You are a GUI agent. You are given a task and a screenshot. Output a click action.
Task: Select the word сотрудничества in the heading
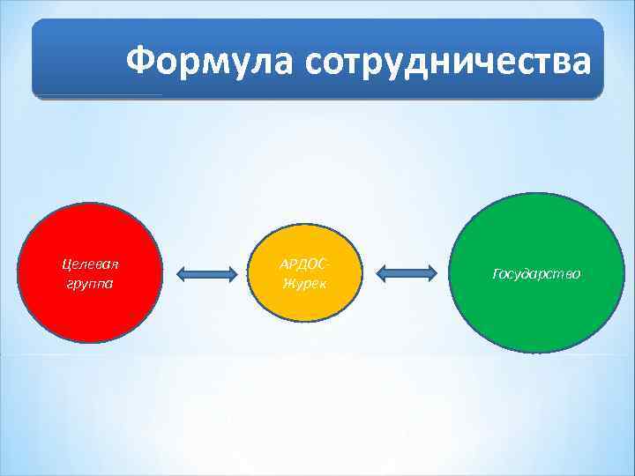[x=446, y=62]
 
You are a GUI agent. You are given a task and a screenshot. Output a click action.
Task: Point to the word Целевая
[x=89, y=264]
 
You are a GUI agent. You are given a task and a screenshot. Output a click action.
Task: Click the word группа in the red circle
[x=89, y=284]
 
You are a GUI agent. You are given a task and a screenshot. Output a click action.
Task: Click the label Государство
[x=536, y=274]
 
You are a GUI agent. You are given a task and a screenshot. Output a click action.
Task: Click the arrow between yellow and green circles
[x=407, y=274]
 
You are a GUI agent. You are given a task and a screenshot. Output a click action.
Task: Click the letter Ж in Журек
[x=288, y=283]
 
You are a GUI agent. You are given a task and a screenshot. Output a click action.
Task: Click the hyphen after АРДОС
[x=332, y=264]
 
